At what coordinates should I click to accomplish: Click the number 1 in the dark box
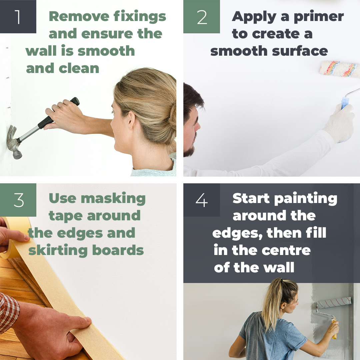pyautogui.click(x=18, y=17)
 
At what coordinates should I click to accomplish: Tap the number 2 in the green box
pyautogui.click(x=202, y=17)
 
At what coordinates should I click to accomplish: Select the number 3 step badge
pyautogui.click(x=18, y=200)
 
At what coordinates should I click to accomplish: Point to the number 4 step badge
pyautogui.click(x=202, y=200)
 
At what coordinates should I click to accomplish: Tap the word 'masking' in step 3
pyautogui.click(x=113, y=198)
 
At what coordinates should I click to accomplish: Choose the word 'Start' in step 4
pyautogui.click(x=251, y=198)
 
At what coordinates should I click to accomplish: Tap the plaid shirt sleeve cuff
pyautogui.click(x=8, y=312)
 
